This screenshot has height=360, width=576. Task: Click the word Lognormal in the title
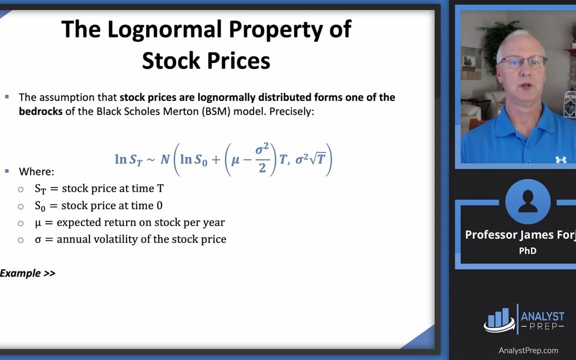pyautogui.click(x=165, y=29)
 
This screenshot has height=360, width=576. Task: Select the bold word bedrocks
pyautogui.click(x=41, y=111)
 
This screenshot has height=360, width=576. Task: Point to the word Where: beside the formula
pyautogui.click(x=36, y=171)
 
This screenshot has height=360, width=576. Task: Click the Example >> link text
pyautogui.click(x=27, y=273)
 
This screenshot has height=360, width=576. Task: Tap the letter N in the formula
pyautogui.click(x=165, y=159)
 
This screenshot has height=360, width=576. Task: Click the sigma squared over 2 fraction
pyautogui.click(x=262, y=158)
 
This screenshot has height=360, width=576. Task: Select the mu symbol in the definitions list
pyautogui.click(x=38, y=223)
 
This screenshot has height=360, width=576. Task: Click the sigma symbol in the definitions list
pyautogui.click(x=38, y=240)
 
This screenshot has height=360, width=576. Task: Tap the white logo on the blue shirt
pyautogui.click(x=560, y=159)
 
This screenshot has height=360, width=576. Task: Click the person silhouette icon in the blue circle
pyautogui.click(x=528, y=201)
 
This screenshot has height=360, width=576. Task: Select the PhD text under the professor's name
pyautogui.click(x=527, y=251)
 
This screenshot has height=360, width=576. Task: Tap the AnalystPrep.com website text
pyautogui.click(x=528, y=351)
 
